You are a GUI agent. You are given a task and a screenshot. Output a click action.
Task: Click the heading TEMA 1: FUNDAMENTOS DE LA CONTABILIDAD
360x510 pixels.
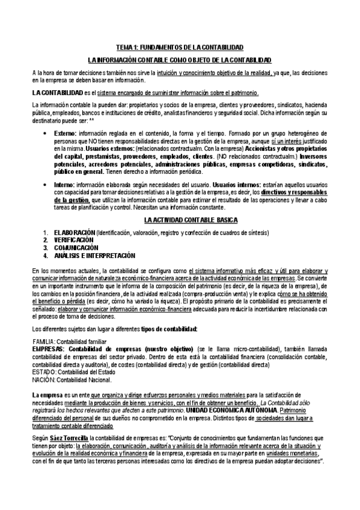pyautogui.click(x=180, y=46)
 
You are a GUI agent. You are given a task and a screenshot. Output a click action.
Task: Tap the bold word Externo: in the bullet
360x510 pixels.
pyautogui.click(x=65, y=132)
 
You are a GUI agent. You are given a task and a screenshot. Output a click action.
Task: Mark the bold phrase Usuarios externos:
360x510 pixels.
pyautogui.click(x=108, y=148)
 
